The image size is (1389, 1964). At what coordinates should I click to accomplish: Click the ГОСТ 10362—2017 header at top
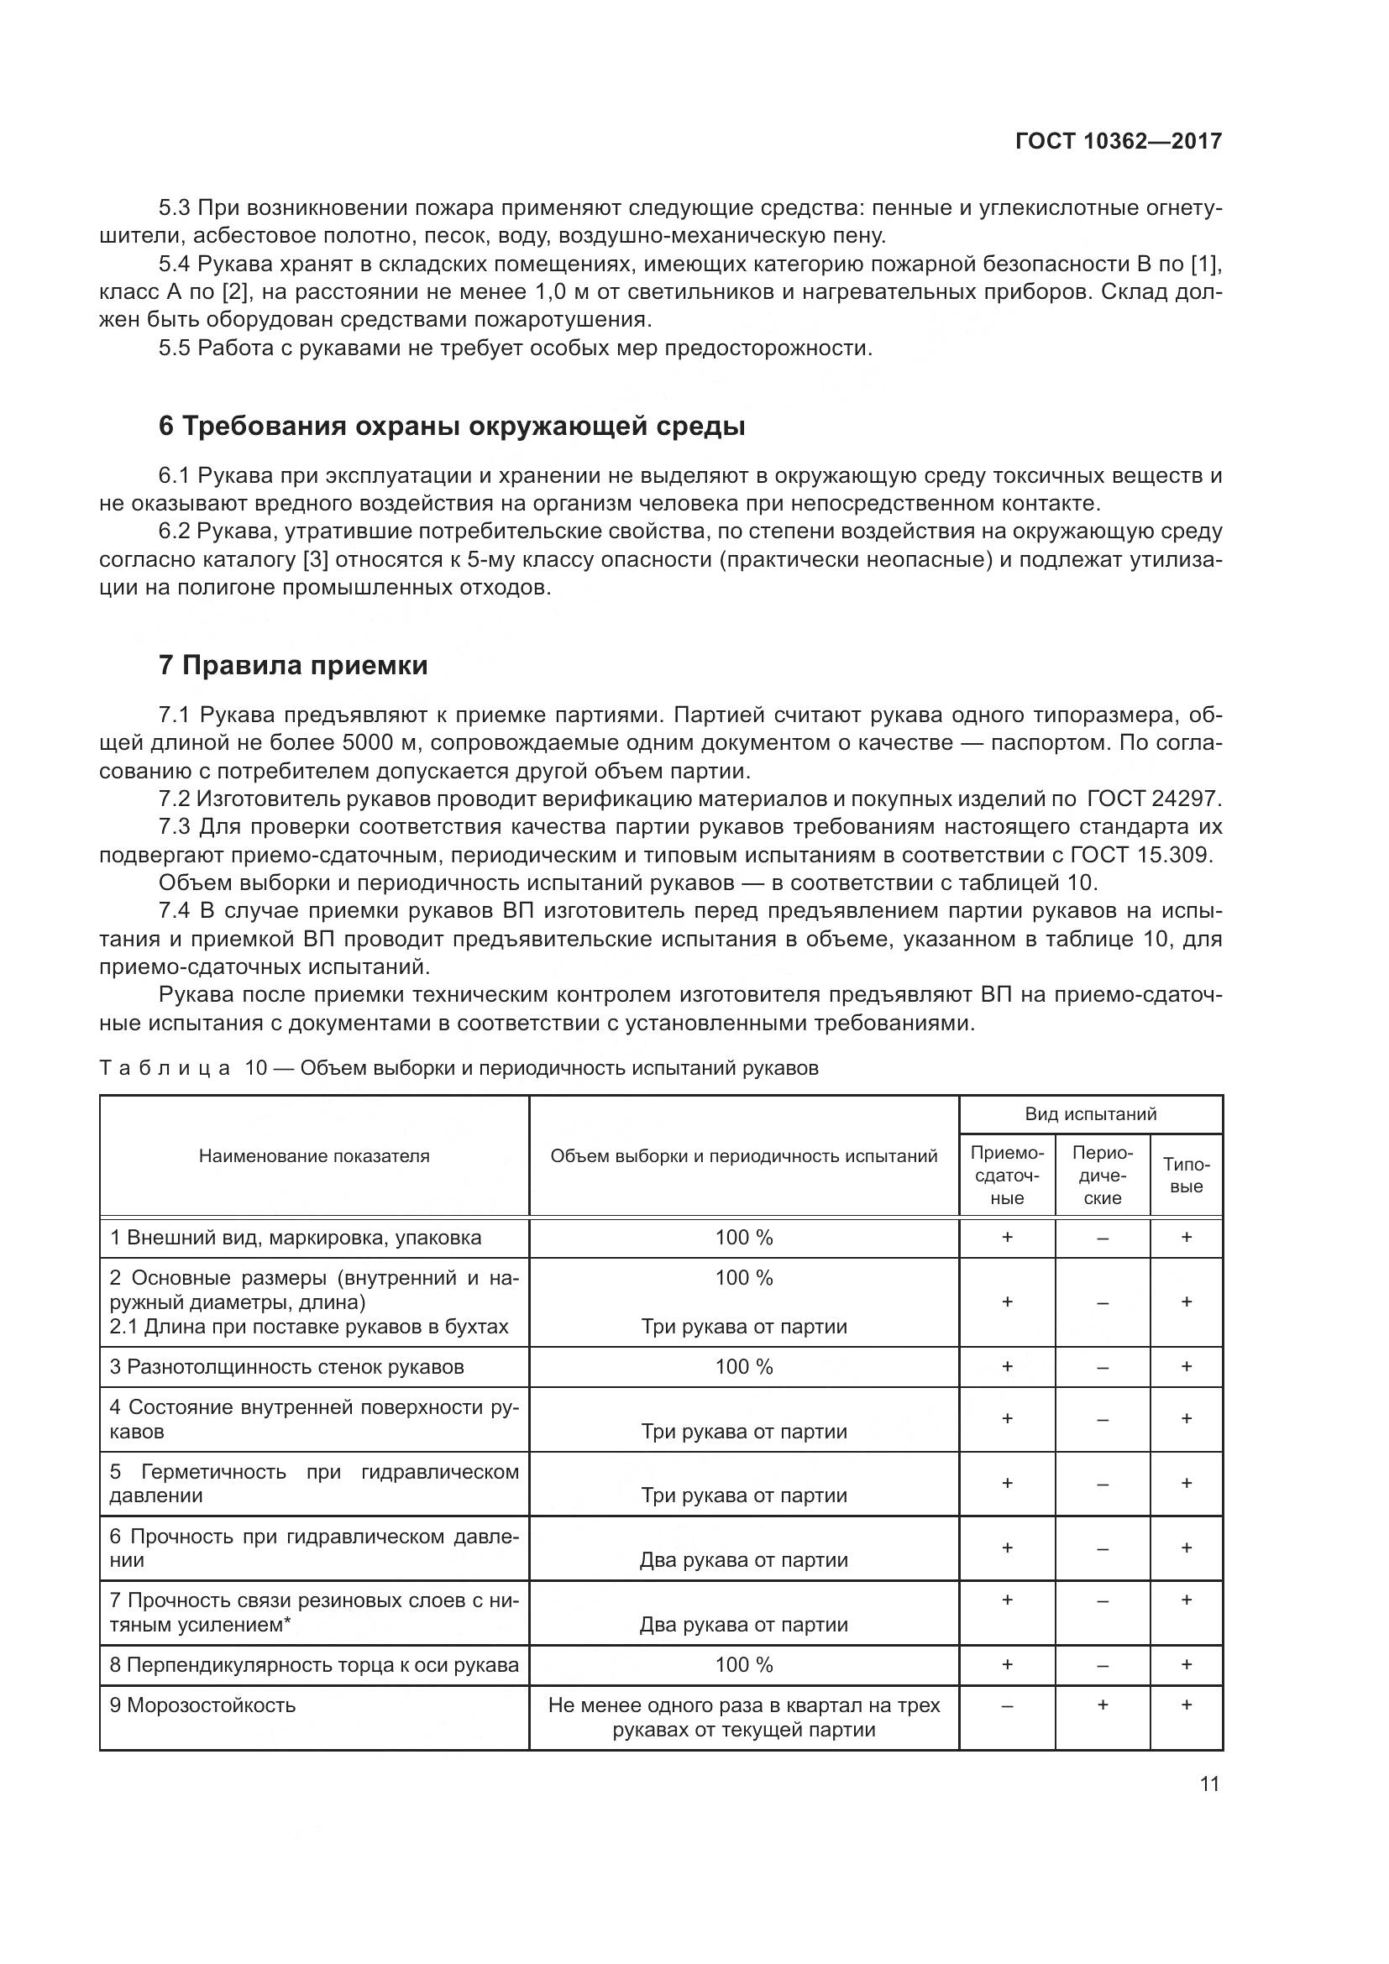tap(1118, 141)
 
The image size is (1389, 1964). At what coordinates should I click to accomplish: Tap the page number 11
tap(1208, 1783)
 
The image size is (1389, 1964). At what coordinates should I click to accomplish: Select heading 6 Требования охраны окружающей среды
tap(452, 426)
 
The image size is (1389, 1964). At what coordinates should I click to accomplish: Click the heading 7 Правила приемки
tap(293, 665)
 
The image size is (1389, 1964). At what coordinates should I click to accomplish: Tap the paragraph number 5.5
tap(176, 348)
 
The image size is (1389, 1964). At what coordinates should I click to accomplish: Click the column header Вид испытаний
tap(1091, 1113)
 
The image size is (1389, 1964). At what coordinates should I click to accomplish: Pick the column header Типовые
tap(1187, 1176)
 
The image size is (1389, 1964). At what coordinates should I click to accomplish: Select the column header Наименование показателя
tap(314, 1155)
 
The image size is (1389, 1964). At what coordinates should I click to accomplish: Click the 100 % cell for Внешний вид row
tap(743, 1238)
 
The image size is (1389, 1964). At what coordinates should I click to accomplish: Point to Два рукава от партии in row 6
tap(743, 1559)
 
